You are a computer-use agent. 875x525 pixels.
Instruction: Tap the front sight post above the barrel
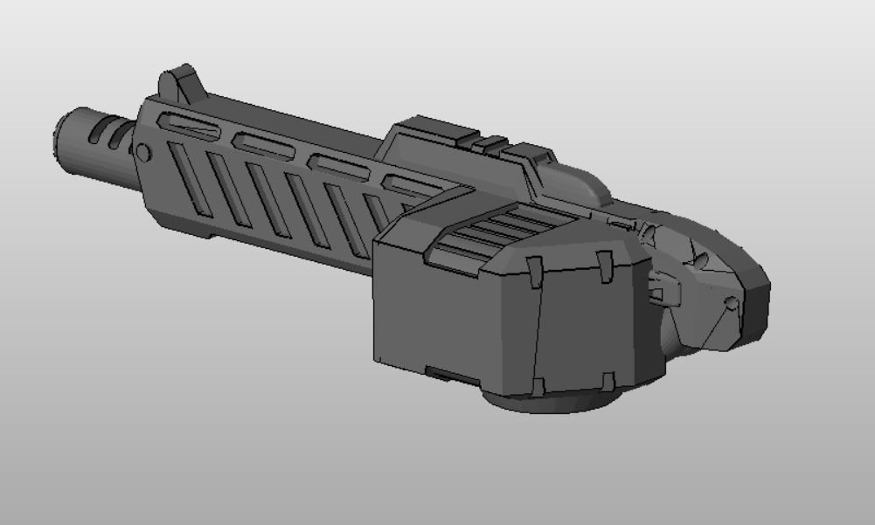[180, 82]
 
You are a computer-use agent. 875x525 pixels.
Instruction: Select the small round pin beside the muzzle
[143, 154]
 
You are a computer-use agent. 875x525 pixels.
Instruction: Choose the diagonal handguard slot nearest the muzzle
[191, 179]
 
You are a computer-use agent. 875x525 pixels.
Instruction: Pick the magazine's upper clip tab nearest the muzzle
[535, 273]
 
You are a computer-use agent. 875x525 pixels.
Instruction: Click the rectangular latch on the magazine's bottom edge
[447, 375]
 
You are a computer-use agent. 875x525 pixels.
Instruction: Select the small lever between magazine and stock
[661, 284]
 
